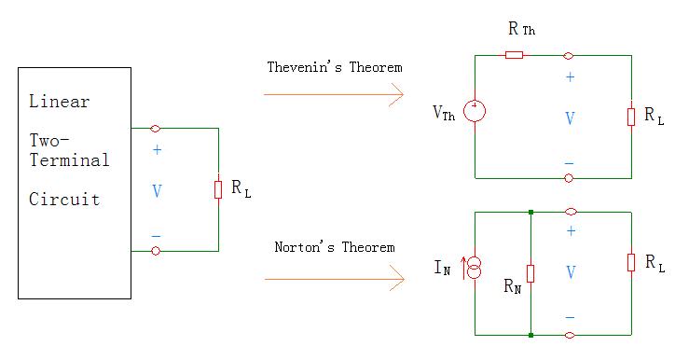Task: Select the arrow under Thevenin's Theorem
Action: coord(333,94)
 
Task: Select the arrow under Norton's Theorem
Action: coord(333,277)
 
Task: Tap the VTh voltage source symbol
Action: coord(475,113)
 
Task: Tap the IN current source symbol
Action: coord(475,270)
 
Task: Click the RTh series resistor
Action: coord(514,55)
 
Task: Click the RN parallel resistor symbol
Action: coord(530,273)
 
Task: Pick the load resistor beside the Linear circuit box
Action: coord(218,189)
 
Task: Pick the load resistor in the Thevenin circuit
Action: coord(632,116)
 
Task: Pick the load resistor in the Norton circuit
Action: coord(632,261)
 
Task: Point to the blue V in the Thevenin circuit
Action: coord(570,118)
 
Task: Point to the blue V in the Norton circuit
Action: coord(570,273)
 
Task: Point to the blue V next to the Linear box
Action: coord(156,191)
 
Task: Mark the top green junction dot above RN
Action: coord(530,213)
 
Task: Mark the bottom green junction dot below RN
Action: coord(530,334)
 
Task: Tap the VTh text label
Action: coord(445,114)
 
